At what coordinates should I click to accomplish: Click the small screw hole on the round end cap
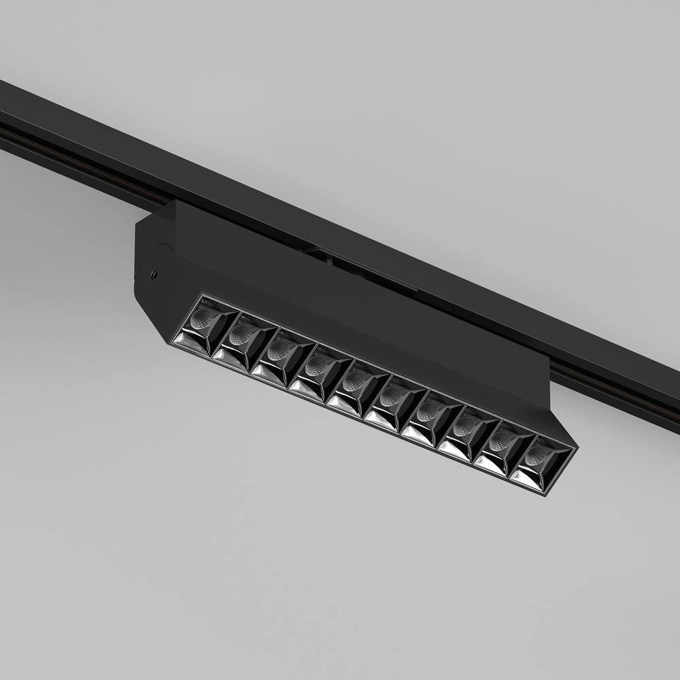coord(155,275)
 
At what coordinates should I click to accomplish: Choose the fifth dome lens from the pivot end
coord(354,382)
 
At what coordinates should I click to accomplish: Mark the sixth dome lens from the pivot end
coord(392,397)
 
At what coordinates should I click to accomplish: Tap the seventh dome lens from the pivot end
coord(429,411)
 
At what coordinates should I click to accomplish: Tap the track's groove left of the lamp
coord(68,146)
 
